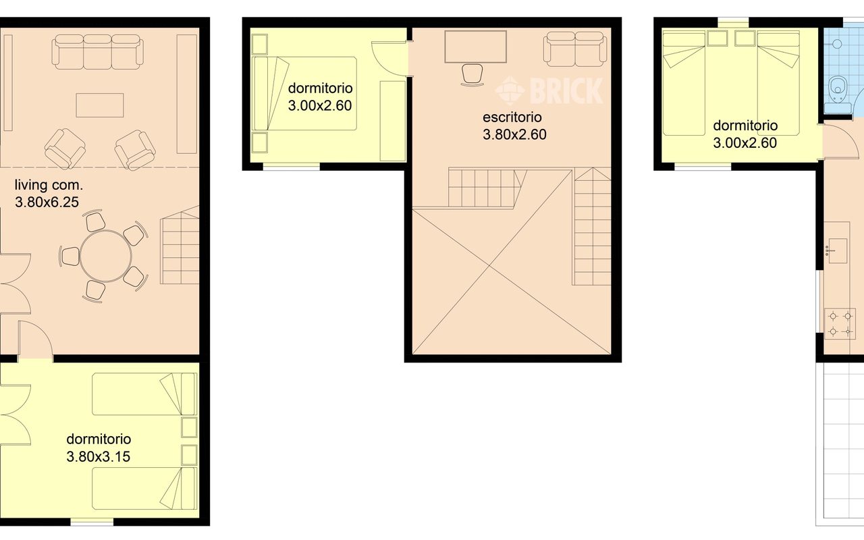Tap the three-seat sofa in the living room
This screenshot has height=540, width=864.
[98, 52]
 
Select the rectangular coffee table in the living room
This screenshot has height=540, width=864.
[100, 105]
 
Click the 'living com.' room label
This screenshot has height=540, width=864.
[49, 185]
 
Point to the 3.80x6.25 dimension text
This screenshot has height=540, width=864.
[47, 202]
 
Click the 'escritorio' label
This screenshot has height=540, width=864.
[512, 117]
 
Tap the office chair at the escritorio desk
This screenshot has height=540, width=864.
[473, 75]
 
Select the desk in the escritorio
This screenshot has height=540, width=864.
[476, 47]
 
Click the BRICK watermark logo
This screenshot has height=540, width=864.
[549, 90]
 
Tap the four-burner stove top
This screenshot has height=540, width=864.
[840, 323]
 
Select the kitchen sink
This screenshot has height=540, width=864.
[838, 250]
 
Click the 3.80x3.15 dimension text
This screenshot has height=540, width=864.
[99, 457]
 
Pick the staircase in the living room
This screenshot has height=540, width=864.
[180, 245]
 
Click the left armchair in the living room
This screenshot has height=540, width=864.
[65, 149]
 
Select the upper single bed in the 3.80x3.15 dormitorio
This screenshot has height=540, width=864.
[144, 394]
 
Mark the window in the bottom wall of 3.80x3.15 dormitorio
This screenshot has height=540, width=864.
[92, 522]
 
